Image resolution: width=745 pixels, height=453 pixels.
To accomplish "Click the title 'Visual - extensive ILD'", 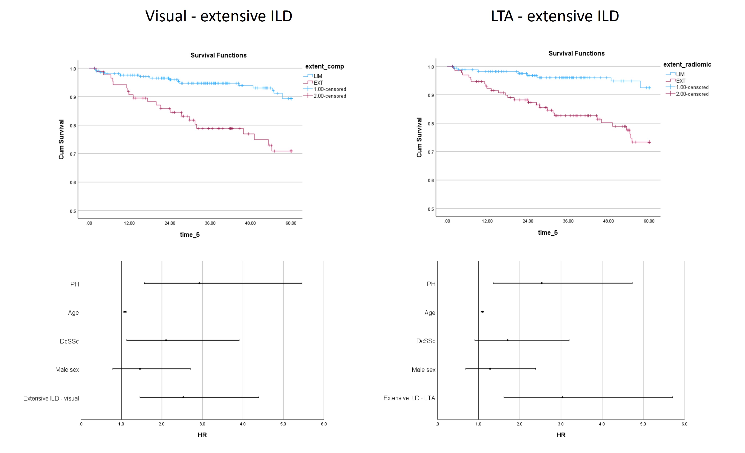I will coord(219,16).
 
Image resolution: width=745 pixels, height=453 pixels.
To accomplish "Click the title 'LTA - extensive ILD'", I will coord(555,16).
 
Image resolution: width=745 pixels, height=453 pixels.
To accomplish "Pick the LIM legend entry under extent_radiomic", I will coord(680,74).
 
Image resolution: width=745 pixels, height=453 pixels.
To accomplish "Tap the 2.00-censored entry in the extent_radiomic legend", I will coord(692,94).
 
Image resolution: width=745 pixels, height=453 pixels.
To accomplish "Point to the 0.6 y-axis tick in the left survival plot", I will coord(73,182).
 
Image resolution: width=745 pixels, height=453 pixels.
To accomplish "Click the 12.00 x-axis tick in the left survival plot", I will coord(129,223).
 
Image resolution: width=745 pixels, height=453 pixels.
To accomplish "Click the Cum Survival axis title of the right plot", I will coord(419,137).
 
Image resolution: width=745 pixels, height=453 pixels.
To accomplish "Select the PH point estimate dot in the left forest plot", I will coord(199,283).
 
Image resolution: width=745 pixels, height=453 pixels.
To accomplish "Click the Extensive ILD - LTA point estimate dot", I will coord(562,397).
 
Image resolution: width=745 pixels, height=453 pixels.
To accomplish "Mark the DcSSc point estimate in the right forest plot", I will coord(507,340).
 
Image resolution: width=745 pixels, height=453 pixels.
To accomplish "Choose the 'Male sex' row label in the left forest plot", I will coord(67,369).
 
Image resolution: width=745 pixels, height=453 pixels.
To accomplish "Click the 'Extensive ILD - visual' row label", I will coord(51,398).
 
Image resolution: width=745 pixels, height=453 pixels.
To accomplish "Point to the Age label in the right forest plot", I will coord(430,313).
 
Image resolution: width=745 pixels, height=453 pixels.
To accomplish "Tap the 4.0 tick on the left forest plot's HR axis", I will coord(243,424).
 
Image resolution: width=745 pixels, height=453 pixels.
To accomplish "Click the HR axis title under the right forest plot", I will coord(561,435).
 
